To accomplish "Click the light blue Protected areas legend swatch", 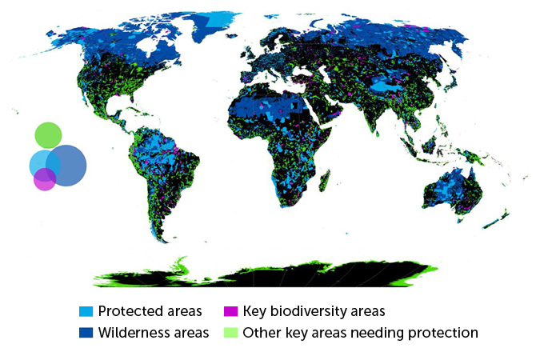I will [86, 311].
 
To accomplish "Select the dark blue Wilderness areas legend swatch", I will [86, 332].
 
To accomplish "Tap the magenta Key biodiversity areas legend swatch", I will [230, 311].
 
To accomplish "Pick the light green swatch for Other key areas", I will [230, 332].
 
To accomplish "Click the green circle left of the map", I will [48, 134].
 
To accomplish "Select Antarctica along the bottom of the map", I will [264, 273].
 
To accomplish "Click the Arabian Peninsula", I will [336, 120].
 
